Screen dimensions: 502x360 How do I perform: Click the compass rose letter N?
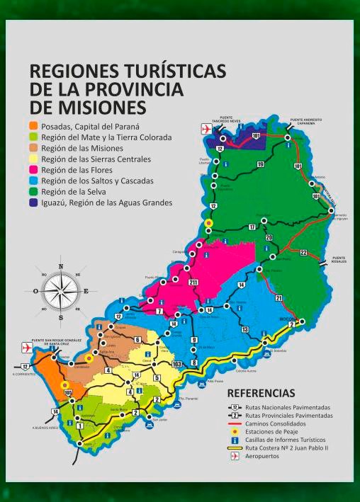[61, 267]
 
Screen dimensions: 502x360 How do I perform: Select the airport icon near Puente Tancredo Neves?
[206, 129]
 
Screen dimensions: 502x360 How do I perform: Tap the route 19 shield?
[260, 164]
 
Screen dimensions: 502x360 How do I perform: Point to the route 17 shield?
[252, 227]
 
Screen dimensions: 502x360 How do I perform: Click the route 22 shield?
[303, 253]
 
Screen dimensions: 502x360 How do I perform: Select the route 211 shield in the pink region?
[193, 283]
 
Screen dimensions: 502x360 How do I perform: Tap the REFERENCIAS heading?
[261, 392]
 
